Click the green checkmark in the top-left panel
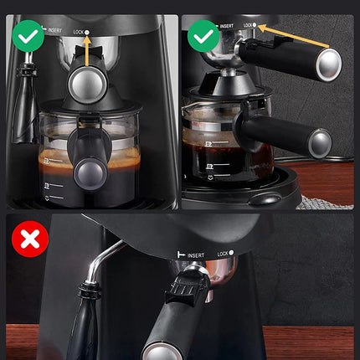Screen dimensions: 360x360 (x=29, y=35)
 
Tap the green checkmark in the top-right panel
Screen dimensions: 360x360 (x=203, y=35)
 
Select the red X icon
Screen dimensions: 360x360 (x=30, y=240)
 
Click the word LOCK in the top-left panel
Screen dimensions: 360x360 (x=80, y=31)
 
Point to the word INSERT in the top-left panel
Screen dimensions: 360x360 (x=54, y=30)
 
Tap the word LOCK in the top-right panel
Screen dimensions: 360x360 (x=248, y=25)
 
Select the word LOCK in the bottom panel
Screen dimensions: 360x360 (x=223, y=253)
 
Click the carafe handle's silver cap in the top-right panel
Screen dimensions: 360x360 (x=319, y=143)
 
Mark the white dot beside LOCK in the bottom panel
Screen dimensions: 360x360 (x=231, y=253)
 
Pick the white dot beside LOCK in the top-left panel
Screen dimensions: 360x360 (x=88, y=31)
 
